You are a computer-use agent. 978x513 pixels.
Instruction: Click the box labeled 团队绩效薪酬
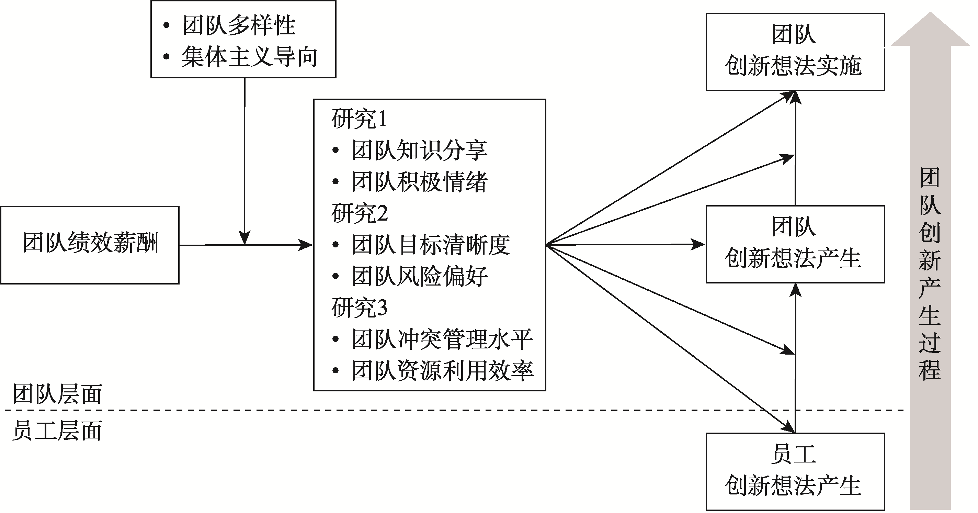90,245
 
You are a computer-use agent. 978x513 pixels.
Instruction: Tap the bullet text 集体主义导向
249,57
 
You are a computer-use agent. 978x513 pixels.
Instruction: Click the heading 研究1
359,119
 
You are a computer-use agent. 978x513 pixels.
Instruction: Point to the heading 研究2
360,213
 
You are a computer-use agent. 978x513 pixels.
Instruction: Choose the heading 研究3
360,307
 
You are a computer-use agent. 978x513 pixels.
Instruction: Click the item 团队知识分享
419,150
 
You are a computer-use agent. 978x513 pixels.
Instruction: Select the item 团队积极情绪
419,182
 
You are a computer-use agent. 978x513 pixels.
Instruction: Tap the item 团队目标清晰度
431,244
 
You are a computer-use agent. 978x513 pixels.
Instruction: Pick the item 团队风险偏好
419,276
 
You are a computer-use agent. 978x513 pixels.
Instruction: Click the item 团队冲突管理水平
442,339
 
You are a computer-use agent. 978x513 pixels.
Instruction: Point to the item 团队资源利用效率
442,370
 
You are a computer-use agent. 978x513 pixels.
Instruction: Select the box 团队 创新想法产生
795,244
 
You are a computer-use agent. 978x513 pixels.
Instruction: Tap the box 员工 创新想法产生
795,471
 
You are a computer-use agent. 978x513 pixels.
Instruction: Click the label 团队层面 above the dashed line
58,394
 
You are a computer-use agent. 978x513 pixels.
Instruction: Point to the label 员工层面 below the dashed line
58,431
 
